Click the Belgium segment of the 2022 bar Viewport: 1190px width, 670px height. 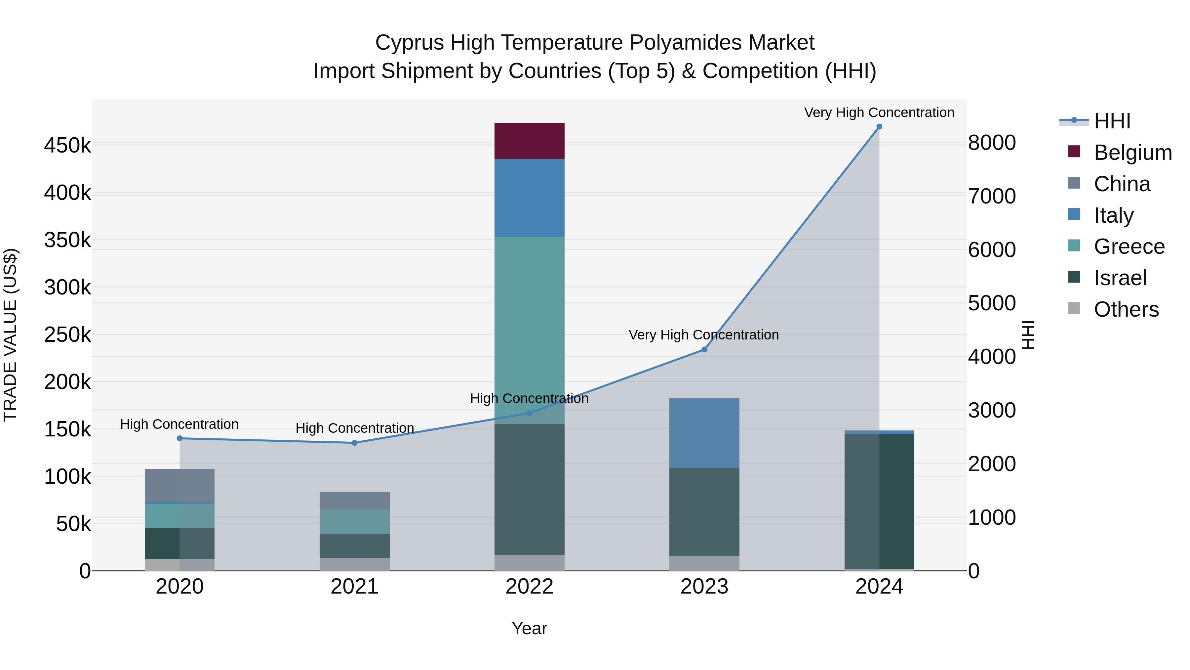(x=530, y=141)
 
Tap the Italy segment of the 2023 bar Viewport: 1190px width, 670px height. (x=704, y=433)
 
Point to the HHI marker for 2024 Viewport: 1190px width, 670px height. (x=879, y=127)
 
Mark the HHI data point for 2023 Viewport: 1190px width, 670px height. (x=704, y=350)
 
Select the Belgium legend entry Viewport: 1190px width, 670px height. (x=1132, y=153)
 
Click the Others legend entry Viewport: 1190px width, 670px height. (x=1126, y=309)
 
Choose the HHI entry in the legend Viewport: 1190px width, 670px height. (x=1112, y=121)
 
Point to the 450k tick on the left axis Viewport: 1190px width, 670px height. (x=67, y=146)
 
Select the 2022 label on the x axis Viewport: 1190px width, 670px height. (x=530, y=587)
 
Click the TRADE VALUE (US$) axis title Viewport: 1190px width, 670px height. (x=10, y=335)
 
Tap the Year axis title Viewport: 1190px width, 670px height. (x=530, y=628)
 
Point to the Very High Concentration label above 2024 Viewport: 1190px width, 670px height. (x=879, y=112)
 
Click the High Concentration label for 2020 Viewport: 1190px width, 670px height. (x=179, y=424)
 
